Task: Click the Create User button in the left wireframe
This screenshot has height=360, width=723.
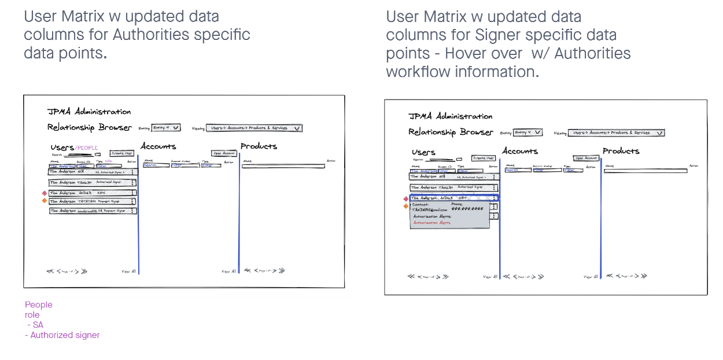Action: pos(121,153)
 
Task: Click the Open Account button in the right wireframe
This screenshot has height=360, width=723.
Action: pos(586,158)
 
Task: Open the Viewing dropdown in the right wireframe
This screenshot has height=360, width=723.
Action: pos(616,133)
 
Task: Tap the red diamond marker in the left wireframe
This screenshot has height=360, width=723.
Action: pos(44,193)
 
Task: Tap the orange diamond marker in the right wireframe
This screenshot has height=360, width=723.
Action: pos(406,206)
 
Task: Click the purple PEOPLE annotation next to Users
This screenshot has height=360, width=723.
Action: pos(87,148)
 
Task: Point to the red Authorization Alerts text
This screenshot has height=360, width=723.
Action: pos(431,223)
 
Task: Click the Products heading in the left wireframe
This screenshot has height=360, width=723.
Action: pos(259,146)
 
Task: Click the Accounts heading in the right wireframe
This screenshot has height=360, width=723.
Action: pos(520,151)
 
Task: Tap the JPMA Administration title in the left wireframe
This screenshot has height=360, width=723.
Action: pos(89,112)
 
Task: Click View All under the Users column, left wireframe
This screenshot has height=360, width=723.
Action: pos(129,271)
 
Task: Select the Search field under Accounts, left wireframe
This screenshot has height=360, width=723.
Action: pos(156,166)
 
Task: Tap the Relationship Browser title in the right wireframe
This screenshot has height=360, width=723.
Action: pos(451,132)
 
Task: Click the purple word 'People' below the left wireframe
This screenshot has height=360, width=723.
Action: pos(38,304)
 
